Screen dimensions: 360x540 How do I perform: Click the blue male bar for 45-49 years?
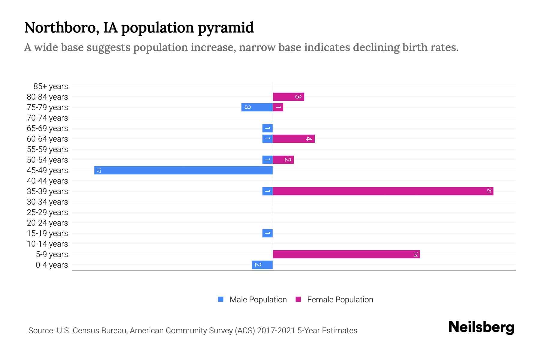coord(183,170)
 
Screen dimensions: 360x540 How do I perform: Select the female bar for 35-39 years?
coord(383,191)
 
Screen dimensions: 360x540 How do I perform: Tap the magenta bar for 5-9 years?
coord(346,254)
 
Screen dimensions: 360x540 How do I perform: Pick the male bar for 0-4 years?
coord(262,265)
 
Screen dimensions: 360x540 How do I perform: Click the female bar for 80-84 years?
coord(288,97)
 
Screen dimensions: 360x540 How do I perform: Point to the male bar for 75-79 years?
coord(257,107)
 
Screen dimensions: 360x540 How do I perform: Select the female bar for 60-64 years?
coord(293,139)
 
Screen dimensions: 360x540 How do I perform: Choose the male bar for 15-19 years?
coord(267,233)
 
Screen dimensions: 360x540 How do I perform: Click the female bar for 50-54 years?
coord(283,160)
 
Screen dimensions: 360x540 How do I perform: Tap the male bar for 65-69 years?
coord(267,128)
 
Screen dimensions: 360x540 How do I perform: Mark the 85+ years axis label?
coord(51,86)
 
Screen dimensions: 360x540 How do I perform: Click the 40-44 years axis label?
coord(47,181)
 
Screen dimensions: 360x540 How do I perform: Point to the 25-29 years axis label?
coord(47,212)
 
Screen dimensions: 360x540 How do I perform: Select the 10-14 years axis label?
coord(47,244)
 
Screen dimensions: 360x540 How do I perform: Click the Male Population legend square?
coord(221,299)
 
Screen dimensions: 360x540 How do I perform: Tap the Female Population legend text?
coord(340,300)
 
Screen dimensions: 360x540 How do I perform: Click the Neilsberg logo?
coord(481,327)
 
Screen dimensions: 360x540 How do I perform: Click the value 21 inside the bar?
coord(489,191)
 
